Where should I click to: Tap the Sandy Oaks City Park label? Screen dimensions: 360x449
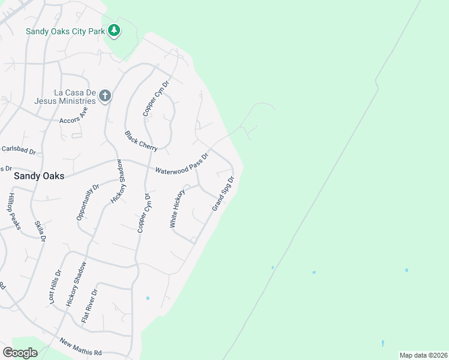(64, 31)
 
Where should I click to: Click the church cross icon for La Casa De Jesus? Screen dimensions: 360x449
(105, 96)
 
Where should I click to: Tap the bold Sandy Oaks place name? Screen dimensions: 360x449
(39, 177)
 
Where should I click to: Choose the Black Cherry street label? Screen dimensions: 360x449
(141, 140)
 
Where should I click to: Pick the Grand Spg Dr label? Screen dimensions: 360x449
(222, 193)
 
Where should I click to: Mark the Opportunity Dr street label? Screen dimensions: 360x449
(87, 203)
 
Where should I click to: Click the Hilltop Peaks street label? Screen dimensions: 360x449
(14, 211)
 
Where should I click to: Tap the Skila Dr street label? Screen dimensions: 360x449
(40, 230)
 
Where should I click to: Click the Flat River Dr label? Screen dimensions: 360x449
(89, 305)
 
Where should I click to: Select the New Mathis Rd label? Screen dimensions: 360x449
(80, 346)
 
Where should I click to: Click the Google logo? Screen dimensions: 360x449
(20, 353)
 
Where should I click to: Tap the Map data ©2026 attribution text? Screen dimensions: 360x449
(423, 355)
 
